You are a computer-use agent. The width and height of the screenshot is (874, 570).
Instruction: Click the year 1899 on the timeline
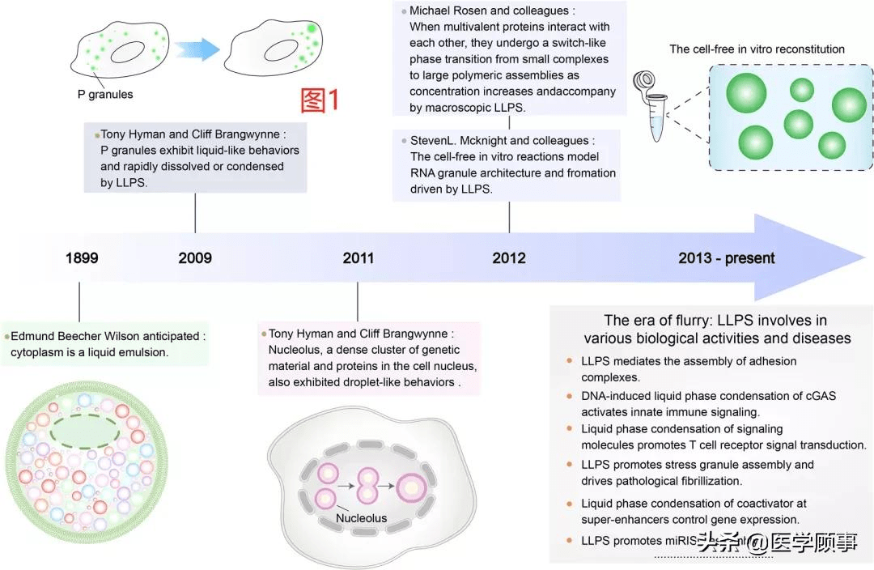pyautogui.click(x=82, y=258)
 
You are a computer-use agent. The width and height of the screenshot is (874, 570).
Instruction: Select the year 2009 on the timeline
pyautogui.click(x=195, y=258)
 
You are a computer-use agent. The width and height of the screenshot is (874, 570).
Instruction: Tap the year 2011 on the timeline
pyautogui.click(x=358, y=258)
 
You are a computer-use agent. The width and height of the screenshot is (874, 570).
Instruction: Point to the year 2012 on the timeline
pyautogui.click(x=509, y=258)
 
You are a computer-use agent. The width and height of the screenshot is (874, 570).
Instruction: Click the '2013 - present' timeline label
pyautogui.click(x=727, y=258)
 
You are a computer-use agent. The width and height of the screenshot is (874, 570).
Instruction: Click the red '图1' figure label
pyautogui.click(x=320, y=100)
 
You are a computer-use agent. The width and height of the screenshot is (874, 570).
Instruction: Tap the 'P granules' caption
pyautogui.click(x=105, y=95)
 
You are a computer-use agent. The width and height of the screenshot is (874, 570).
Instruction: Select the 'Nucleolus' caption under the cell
pyautogui.click(x=362, y=518)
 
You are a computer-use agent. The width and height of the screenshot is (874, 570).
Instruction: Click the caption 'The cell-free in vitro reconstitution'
pyautogui.click(x=757, y=49)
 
